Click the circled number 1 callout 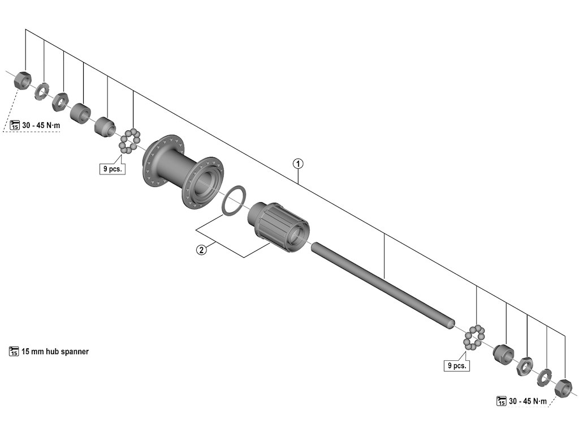click(x=298, y=164)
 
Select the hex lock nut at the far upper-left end click(x=22, y=80)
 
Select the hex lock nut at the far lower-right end click(x=563, y=387)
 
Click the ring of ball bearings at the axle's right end click(x=474, y=338)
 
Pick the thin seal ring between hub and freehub click(x=233, y=199)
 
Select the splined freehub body click(x=279, y=227)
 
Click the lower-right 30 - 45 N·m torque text click(x=528, y=402)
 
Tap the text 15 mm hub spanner click(x=55, y=352)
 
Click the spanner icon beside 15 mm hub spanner click(x=14, y=352)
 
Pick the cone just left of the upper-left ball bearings click(x=105, y=126)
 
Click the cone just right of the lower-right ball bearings click(x=503, y=354)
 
